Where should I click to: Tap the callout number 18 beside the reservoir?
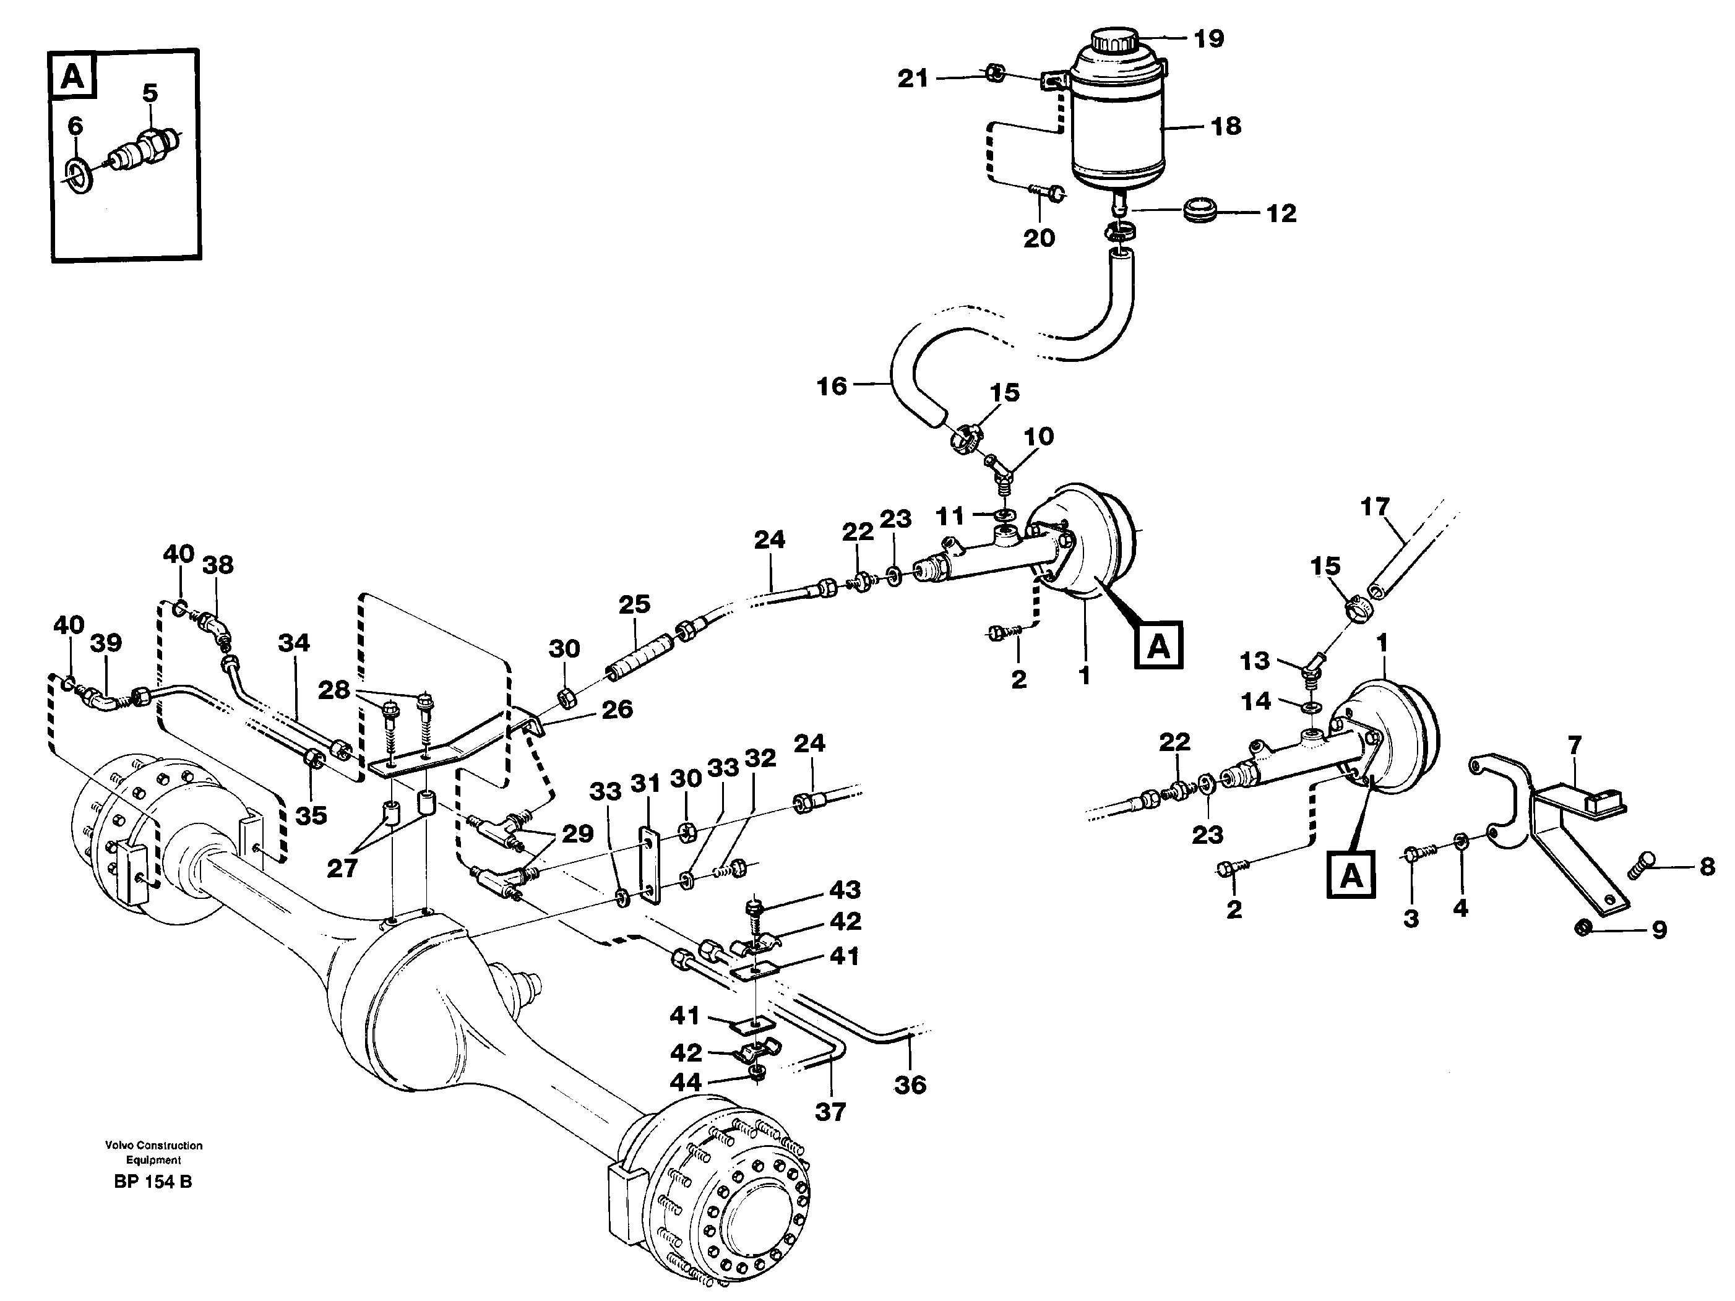(x=1226, y=126)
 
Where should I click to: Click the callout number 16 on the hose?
(x=832, y=386)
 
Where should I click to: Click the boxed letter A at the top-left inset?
(x=72, y=77)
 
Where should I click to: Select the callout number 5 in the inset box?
(x=150, y=93)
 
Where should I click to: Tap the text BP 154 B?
(x=153, y=1181)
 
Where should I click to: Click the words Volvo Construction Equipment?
(x=153, y=1152)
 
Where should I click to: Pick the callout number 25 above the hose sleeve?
(x=634, y=604)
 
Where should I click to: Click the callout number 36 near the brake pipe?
(x=910, y=1084)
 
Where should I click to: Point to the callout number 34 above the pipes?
(x=293, y=643)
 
